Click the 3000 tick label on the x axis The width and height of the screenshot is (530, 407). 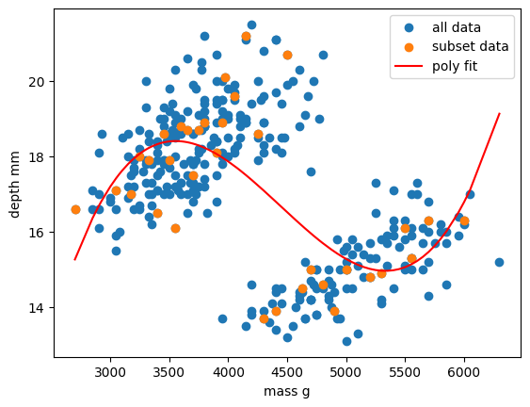[110, 371]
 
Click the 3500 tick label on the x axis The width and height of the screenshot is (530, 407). [169, 371]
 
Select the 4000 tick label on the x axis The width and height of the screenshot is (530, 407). [229, 371]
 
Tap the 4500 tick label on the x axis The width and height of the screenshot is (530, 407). [287, 371]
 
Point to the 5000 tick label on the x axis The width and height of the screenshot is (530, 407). [346, 371]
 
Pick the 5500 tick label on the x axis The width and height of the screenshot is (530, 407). [405, 371]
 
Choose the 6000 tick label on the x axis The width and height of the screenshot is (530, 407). [464, 371]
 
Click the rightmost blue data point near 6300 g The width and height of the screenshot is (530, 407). [499, 262]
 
